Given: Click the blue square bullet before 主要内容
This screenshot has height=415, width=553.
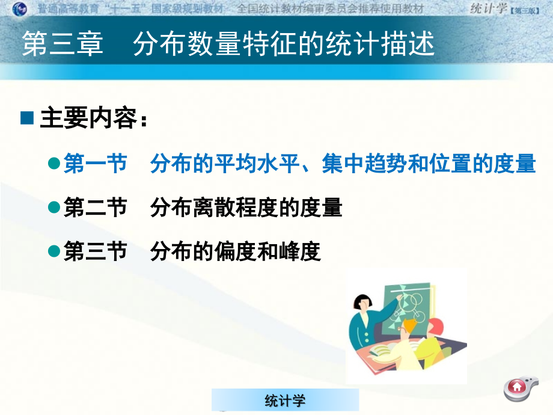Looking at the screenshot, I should (28, 118).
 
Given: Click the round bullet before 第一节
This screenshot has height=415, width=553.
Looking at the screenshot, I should (53, 162).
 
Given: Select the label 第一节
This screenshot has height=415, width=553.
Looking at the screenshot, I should (95, 164).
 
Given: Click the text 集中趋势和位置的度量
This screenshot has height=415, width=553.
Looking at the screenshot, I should (429, 164).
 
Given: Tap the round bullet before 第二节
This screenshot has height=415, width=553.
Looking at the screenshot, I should (53, 207).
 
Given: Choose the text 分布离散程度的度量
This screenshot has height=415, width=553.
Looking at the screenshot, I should (246, 208).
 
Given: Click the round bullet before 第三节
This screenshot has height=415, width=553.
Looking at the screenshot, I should (53, 251).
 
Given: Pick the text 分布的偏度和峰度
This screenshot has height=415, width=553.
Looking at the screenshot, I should (236, 251).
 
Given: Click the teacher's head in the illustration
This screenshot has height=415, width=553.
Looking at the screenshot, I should (365, 301).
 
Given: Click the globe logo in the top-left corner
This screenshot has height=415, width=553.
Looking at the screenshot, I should (20, 9).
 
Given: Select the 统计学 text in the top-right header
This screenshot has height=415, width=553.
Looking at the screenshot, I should (487, 8).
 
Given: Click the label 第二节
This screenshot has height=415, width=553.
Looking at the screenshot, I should (95, 208).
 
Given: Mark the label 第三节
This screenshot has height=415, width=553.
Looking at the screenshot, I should (95, 251).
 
